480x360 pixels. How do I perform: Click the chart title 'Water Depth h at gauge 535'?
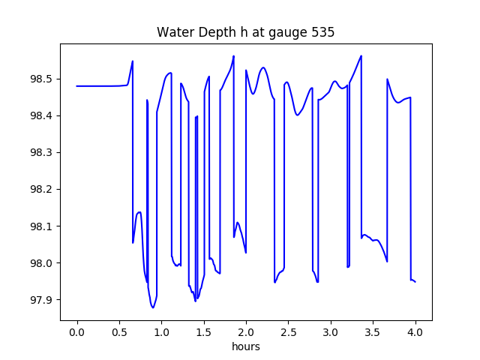[x=245, y=33]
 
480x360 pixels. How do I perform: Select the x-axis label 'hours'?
[x=245, y=347]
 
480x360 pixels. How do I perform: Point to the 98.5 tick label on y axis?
[x=38, y=79]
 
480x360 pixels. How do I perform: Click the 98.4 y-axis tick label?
[x=38, y=115]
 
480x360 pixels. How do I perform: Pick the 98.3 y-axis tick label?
[x=38, y=152]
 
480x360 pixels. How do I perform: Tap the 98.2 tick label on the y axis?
[x=38, y=189]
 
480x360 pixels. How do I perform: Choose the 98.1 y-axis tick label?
[x=38, y=226]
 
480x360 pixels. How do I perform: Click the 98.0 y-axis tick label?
[x=38, y=263]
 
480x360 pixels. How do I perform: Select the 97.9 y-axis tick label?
[x=38, y=300]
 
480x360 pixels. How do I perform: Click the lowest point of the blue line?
[x=153, y=307]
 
